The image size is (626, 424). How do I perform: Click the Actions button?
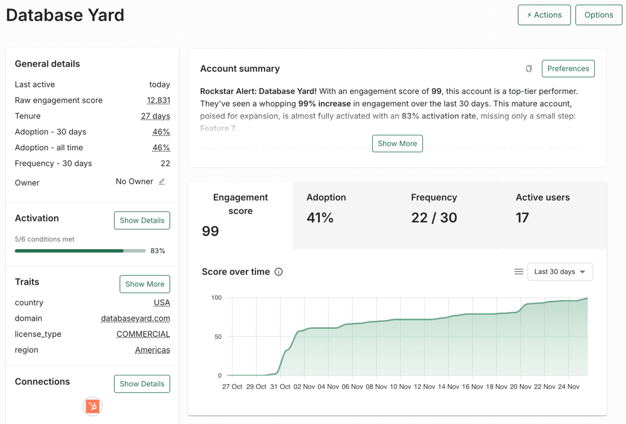(x=544, y=15)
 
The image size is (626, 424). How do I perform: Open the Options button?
(x=598, y=15)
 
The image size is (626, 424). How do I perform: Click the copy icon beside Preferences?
(x=528, y=69)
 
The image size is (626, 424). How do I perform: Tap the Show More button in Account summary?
(x=397, y=144)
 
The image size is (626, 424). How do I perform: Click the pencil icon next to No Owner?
(x=162, y=182)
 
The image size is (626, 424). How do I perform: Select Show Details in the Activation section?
(x=142, y=220)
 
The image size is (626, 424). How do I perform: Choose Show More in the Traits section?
(x=144, y=284)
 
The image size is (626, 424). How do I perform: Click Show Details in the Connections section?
(x=142, y=384)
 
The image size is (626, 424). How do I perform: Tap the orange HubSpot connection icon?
(x=92, y=406)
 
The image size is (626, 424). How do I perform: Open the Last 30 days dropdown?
(x=559, y=272)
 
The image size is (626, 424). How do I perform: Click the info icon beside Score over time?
(x=279, y=272)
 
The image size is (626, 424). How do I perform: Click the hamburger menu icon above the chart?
(x=518, y=272)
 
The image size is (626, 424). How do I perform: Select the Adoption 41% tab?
(x=345, y=215)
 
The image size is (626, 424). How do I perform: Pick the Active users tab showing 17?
(x=554, y=215)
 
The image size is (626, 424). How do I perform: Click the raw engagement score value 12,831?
(x=158, y=100)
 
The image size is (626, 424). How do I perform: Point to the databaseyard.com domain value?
(x=135, y=319)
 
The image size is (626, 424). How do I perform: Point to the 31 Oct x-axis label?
(x=280, y=387)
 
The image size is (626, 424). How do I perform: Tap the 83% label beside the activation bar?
(x=158, y=251)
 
